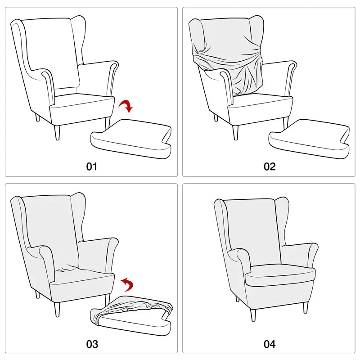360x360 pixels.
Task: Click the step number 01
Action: [x=92, y=166]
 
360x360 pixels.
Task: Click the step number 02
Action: [x=269, y=166]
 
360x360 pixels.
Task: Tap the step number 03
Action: [x=92, y=344]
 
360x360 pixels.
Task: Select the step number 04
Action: [x=269, y=344]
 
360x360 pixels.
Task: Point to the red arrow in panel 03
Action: [x=128, y=284]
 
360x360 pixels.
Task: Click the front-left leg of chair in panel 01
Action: [x=57, y=132]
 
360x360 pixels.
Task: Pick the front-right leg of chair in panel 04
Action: [x=306, y=307]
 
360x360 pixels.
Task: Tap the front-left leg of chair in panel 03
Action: [x=57, y=310]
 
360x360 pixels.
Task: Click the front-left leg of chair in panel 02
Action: [x=235, y=131]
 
